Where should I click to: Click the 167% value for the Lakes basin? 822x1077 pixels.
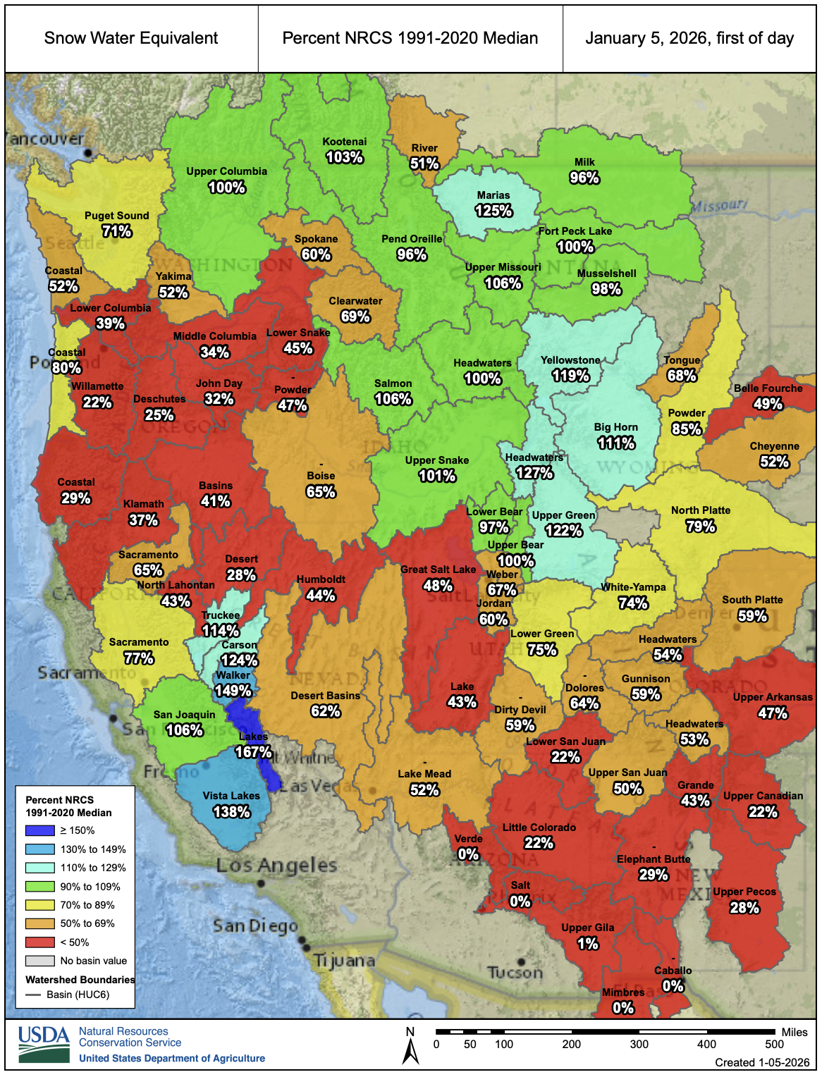click(253, 752)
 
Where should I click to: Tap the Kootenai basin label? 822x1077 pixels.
click(344, 142)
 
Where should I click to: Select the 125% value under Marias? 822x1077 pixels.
click(493, 211)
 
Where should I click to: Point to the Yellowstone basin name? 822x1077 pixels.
click(570, 360)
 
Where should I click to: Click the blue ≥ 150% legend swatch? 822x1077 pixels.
click(39, 830)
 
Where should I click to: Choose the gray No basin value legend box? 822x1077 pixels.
click(39, 961)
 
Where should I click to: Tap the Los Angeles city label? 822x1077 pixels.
click(276, 866)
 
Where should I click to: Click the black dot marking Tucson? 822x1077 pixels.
click(520, 961)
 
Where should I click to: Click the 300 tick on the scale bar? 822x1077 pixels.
click(639, 1044)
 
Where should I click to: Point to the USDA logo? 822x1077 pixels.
click(44, 1044)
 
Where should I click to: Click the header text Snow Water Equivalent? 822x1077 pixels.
click(131, 38)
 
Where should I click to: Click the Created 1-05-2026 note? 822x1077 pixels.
click(761, 1063)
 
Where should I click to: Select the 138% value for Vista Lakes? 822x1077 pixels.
click(231, 812)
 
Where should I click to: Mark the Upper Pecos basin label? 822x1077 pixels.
click(744, 892)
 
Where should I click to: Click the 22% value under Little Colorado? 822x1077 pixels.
click(539, 843)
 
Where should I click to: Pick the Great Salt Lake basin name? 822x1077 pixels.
click(438, 570)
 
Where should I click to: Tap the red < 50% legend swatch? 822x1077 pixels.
click(39, 942)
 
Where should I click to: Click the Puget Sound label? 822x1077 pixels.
click(116, 216)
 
